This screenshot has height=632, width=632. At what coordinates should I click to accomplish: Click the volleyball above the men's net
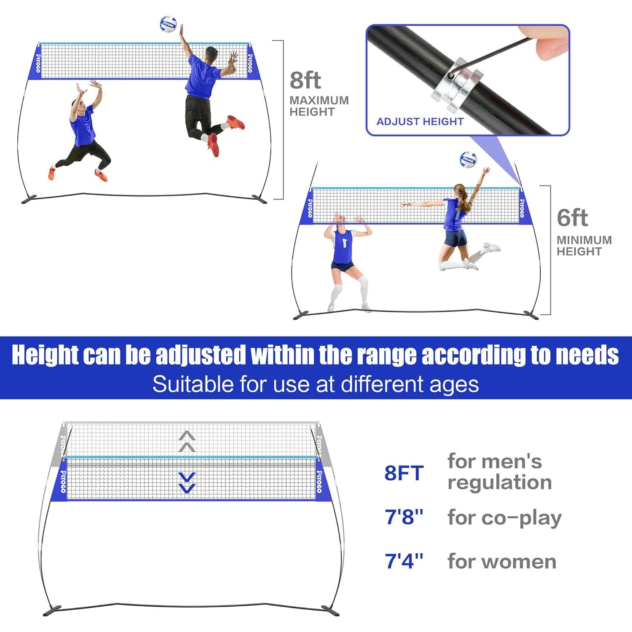click(x=168, y=25)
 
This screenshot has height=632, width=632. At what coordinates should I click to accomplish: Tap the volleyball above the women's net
click(x=468, y=160)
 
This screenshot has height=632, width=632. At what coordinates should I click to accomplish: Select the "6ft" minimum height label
click(x=572, y=218)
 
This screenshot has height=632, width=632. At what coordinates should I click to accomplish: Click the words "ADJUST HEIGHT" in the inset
click(x=420, y=122)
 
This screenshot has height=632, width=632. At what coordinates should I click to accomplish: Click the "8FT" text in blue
click(x=404, y=473)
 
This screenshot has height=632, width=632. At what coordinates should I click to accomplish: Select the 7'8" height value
click(x=404, y=517)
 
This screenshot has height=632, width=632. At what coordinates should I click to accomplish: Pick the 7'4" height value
click(x=404, y=561)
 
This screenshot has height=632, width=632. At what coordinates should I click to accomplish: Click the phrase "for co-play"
click(x=504, y=518)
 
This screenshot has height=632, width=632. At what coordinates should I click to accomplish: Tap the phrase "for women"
click(x=502, y=562)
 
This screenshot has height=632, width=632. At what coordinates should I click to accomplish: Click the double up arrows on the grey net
click(x=187, y=441)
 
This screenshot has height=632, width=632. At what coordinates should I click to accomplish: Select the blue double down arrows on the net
click(x=187, y=482)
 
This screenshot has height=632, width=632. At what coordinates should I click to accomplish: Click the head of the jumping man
click(x=211, y=54)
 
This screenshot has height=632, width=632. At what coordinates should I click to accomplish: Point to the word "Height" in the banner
click(x=45, y=355)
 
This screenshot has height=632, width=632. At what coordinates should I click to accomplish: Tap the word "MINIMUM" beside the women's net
click(x=584, y=240)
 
